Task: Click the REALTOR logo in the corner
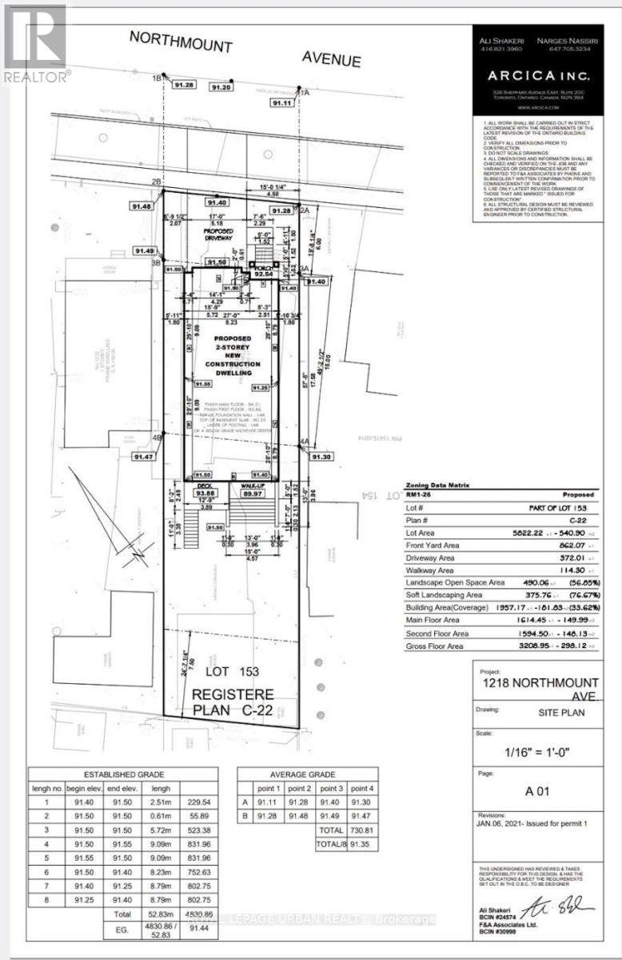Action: click(37, 44)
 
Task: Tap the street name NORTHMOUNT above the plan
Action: click(181, 41)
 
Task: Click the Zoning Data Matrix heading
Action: click(437, 484)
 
